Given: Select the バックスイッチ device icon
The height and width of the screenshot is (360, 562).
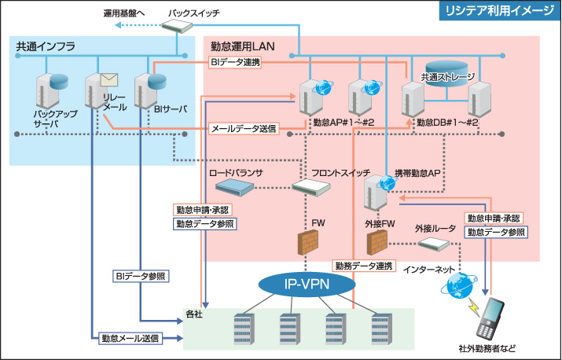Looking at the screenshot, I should coord(180,26).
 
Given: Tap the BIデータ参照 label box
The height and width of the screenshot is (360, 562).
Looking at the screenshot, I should coord(141,277).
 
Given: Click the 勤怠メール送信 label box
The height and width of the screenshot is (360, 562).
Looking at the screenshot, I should coord(130,340).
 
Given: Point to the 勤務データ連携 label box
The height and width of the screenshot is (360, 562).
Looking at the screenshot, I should coord(363,266).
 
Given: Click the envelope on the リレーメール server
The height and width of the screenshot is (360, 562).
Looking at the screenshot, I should coord(108,79).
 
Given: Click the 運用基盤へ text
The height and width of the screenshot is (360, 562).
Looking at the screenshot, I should coord(125,14).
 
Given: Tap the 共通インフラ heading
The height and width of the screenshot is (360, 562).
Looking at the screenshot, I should coord(46,47).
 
